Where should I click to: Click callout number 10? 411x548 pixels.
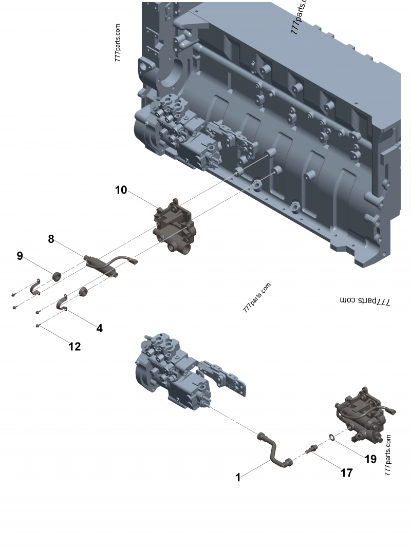pyautogui.click(x=121, y=190)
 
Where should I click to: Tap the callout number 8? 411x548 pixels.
pyautogui.click(x=51, y=239)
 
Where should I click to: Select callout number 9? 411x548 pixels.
pyautogui.click(x=20, y=256)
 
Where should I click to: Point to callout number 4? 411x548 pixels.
pyautogui.click(x=99, y=328)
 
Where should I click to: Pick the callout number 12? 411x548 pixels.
pyautogui.click(x=74, y=347)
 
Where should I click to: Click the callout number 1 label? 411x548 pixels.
pyautogui.click(x=238, y=478)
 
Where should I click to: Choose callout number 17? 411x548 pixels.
pyautogui.click(x=347, y=473)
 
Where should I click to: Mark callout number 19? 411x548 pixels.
pyautogui.click(x=370, y=459)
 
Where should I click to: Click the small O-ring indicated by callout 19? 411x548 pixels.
pyautogui.click(x=332, y=438)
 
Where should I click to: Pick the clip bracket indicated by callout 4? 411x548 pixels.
pyautogui.click(x=62, y=303)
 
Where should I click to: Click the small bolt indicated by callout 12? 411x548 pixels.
pyautogui.click(x=39, y=326)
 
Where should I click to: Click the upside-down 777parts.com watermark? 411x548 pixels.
pyautogui.click(x=365, y=301)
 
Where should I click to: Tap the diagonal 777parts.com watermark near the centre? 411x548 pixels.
pyautogui.click(x=257, y=298)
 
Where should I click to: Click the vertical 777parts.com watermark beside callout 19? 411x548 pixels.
pyautogui.click(x=388, y=455)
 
